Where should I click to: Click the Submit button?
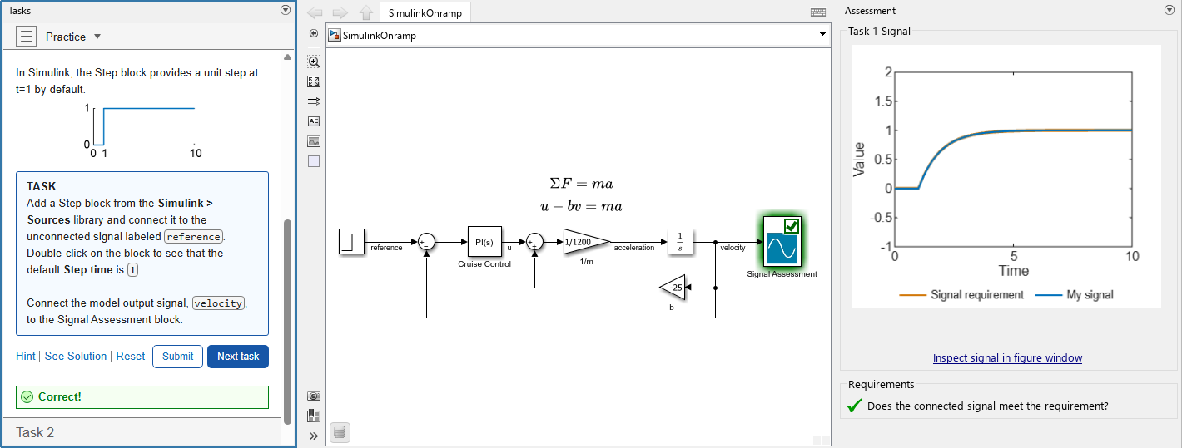pos(177,357)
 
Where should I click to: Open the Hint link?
pos(26,357)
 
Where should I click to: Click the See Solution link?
pos(76,357)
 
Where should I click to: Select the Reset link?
pos(131,357)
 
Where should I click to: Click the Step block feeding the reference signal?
pos(351,242)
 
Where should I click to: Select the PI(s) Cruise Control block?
pos(484,242)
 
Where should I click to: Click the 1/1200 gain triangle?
pos(582,243)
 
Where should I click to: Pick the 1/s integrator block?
pos(680,242)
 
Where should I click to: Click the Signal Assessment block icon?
pos(782,242)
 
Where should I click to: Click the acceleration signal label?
pos(633,248)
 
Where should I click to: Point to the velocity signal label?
pos(733,248)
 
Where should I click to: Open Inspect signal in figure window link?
pos(1007,358)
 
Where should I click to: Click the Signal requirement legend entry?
pos(977,295)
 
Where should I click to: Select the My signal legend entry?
pos(1090,295)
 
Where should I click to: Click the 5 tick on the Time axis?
pos(1013,256)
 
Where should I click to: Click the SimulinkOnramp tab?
pos(425,12)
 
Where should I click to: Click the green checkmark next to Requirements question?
pos(854,406)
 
